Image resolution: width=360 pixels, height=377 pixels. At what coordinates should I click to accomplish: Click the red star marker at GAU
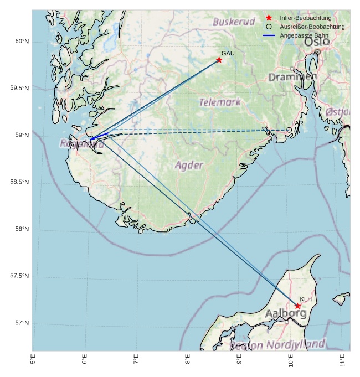pos(219,60)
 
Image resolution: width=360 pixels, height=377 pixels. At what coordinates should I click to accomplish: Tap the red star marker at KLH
pos(297,306)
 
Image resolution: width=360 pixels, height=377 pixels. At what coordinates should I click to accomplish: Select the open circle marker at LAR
pos(289,130)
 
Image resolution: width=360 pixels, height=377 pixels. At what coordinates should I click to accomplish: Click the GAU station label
pos(228,53)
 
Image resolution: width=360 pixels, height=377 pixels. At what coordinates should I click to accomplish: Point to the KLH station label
pos(306,299)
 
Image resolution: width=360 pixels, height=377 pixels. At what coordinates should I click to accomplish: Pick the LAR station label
pos(297,123)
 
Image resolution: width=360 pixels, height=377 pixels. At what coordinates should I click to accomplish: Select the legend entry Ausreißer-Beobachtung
pos(312,27)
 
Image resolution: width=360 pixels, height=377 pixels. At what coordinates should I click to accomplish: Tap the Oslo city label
pos(316,42)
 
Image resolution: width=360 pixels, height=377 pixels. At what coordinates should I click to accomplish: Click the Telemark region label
pos(220,102)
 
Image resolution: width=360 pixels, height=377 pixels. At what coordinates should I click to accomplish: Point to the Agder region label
pos(189,165)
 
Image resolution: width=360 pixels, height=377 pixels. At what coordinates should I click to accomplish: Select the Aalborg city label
pos(285,313)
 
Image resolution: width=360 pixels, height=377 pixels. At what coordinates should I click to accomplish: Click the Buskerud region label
pos(233,22)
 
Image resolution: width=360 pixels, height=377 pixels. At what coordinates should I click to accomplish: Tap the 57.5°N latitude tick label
pos(19,276)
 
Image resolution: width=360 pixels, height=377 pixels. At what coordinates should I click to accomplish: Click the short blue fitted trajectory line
pos(99,136)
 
